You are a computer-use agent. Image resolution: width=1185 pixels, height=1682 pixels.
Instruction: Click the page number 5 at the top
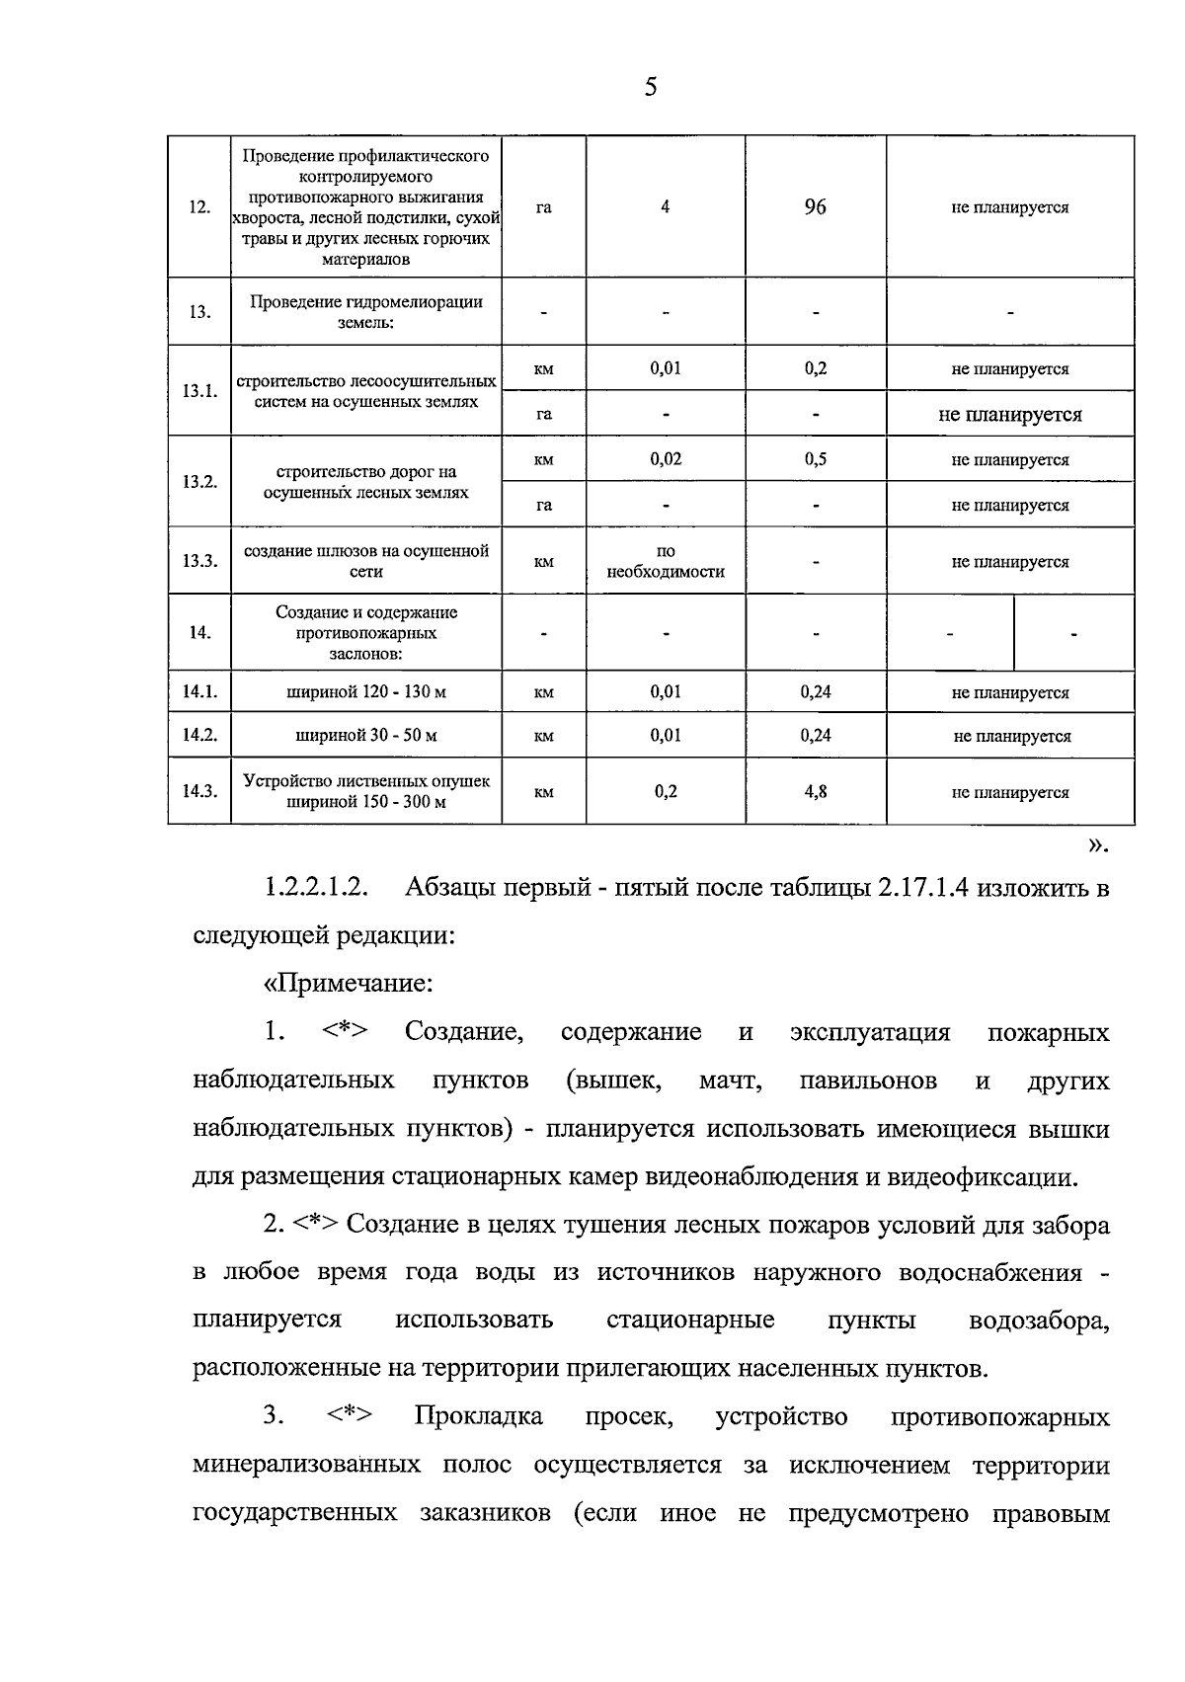coord(650,87)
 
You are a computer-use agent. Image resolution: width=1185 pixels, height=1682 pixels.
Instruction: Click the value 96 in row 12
coord(815,207)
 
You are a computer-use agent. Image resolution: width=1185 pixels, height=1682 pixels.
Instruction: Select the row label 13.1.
coord(199,391)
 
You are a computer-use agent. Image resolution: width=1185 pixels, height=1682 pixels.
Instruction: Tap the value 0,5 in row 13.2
coord(815,459)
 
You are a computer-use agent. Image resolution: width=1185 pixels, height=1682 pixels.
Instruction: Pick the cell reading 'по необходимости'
coord(665,562)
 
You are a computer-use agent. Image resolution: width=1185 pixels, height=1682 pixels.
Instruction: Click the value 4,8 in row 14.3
coord(815,792)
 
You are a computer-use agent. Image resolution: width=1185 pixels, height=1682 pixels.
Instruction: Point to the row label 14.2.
coord(199,736)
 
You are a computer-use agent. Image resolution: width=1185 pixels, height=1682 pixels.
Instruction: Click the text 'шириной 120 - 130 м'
coord(365,692)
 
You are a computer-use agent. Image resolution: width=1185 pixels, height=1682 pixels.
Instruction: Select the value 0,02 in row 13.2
coord(666,459)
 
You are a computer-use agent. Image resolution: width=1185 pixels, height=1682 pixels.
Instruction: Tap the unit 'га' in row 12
coord(544,207)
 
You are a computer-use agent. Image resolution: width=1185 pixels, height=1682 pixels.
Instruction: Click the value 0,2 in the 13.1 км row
coord(815,368)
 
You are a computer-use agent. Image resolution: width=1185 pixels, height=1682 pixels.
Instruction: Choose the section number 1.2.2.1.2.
coord(316,888)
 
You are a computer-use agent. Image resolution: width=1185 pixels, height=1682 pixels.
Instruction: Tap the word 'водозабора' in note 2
coord(1039,1321)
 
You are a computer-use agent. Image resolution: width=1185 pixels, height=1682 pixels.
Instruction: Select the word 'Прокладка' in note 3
coord(478,1416)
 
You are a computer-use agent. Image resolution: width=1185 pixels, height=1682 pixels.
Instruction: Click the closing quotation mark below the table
coord(1098,845)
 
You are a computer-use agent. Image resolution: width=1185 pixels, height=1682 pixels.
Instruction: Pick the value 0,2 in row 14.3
coord(666,792)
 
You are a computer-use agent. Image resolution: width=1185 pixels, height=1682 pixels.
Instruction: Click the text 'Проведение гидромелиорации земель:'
coord(365,312)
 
